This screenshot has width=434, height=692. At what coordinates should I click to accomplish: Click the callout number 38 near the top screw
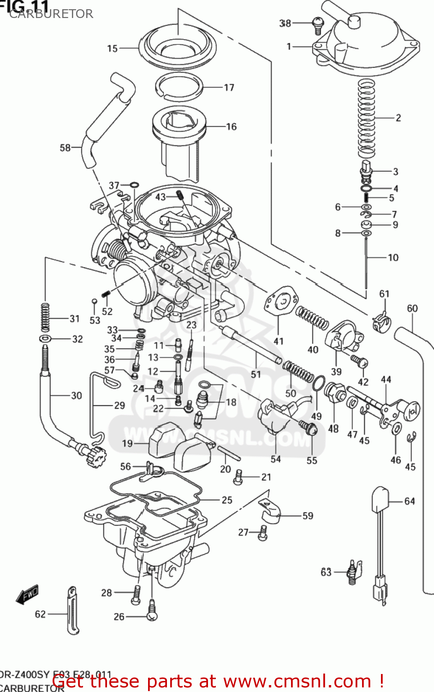coord(285,23)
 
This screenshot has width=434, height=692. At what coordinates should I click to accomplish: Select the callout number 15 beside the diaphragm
coord(113,48)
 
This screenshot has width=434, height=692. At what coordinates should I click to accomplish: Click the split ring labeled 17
coord(179,86)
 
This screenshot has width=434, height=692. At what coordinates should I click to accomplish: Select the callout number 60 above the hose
coord(412,308)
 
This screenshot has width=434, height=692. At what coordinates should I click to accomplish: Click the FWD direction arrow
coord(27,595)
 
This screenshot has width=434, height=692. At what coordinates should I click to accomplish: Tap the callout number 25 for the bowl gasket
coord(227,500)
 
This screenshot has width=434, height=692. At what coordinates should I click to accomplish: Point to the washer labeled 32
coord(45,339)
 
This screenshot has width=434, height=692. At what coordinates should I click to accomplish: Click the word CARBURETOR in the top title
coord(51,14)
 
